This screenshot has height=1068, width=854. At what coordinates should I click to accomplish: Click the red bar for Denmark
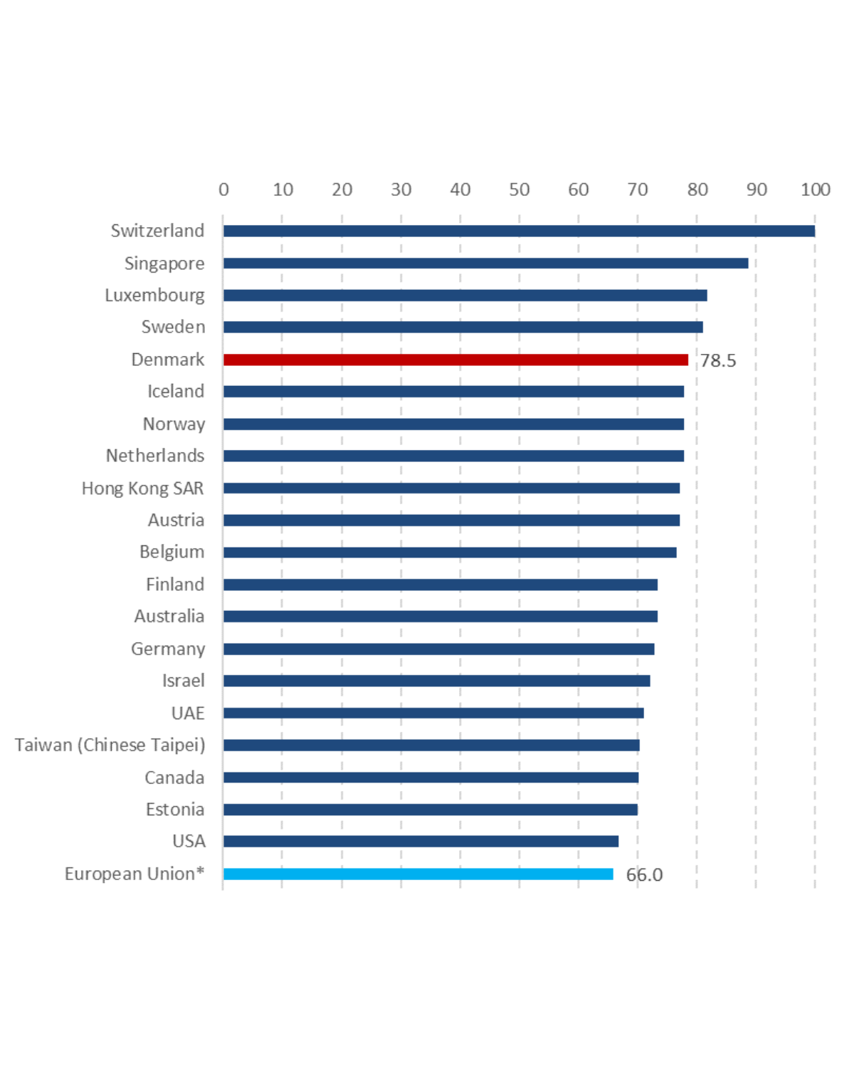point(455,360)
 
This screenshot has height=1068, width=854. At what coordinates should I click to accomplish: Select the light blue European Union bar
point(418,874)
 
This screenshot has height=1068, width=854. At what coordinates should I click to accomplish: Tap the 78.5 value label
point(717,360)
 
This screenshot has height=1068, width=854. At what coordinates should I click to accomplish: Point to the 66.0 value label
point(644,874)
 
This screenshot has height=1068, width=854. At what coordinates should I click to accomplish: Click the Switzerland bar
point(519,231)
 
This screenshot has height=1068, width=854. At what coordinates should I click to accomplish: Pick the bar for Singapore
point(485,263)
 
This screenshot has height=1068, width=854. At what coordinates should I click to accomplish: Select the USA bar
point(421,841)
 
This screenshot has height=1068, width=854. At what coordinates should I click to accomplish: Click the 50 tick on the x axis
point(519,189)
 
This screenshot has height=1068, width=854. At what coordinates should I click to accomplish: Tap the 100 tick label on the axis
point(815,189)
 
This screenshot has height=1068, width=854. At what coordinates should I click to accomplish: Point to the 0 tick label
point(223,189)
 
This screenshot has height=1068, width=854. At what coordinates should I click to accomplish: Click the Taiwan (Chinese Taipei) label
point(110,745)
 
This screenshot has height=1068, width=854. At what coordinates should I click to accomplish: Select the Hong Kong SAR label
point(142,488)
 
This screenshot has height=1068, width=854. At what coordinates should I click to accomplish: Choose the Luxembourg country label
point(154,295)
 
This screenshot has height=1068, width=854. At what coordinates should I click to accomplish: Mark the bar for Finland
point(440,585)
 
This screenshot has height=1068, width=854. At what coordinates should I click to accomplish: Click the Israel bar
point(436,681)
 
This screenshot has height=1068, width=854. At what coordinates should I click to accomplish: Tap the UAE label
point(188,713)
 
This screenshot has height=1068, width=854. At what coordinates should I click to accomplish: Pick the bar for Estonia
point(430,810)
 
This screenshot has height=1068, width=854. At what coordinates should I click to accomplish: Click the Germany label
point(168,649)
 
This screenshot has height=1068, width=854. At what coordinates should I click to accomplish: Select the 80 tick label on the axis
point(697,189)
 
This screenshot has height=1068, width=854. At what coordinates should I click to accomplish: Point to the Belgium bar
point(450,552)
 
